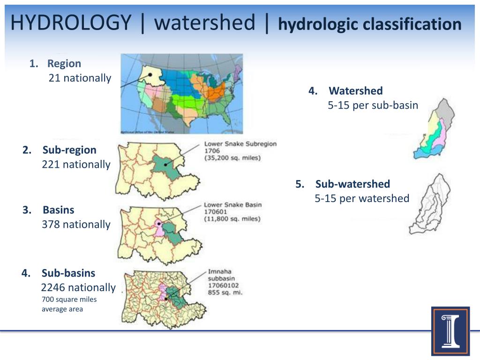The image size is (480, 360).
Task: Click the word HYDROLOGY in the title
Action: tap(71, 22)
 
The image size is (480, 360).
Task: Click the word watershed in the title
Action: tap(205, 22)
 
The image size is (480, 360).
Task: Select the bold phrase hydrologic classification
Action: tap(370, 24)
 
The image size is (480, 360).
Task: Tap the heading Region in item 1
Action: tap(64, 64)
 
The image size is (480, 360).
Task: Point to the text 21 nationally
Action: tap(80, 78)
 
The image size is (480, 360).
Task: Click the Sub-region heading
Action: tap(69, 150)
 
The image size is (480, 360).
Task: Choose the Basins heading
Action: tap(58, 210)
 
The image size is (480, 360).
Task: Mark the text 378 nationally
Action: tap(76, 224)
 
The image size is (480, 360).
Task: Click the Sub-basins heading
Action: tap(68, 273)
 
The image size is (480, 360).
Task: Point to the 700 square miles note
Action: tap(69, 300)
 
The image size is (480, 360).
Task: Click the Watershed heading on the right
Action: tap(356, 91)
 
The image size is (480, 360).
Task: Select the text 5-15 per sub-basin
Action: tap(373, 105)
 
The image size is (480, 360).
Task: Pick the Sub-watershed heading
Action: tap(352, 184)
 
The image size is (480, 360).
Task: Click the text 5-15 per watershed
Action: tap(362, 199)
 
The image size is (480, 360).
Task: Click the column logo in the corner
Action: tap(450, 331)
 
